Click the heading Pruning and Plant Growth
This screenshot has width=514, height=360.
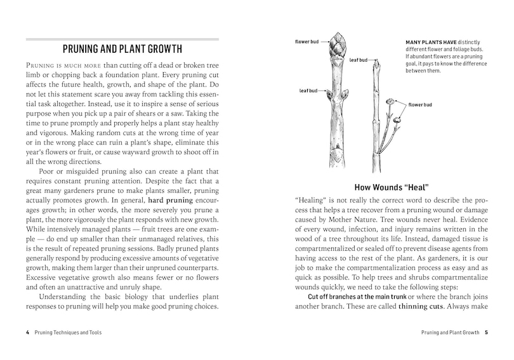coord(122,49)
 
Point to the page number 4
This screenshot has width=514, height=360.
coord(27,332)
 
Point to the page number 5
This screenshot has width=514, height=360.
coord(485,332)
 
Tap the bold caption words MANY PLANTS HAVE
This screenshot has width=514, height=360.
coord(428,43)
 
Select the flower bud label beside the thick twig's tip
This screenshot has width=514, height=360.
coord(306,42)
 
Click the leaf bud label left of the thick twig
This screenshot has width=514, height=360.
coord(309,91)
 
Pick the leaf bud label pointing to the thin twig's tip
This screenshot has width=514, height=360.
coord(359,60)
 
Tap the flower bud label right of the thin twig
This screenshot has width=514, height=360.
coord(420,104)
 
